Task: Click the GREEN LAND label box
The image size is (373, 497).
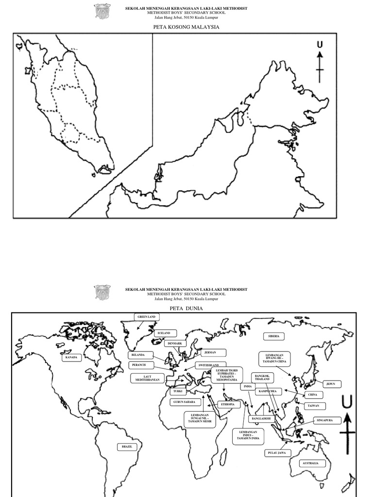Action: coord(146,317)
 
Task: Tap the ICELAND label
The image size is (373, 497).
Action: coord(164,333)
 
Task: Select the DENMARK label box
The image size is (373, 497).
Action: coord(175,343)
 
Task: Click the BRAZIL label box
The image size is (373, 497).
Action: coord(127,446)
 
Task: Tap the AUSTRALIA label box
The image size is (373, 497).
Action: coord(310,464)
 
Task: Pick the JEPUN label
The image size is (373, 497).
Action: coord(331,384)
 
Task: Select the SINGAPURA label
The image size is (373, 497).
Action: coord(325,420)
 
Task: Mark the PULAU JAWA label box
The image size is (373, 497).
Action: coord(277,453)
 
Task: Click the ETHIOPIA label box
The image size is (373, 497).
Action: coord(228,404)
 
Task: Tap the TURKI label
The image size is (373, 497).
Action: coord(178,391)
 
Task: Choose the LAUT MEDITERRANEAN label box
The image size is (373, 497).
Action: coord(144,377)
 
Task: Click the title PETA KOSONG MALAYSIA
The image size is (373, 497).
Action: coord(186,27)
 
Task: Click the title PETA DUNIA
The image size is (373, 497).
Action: coord(186,308)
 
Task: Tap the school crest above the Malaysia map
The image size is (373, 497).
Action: coord(102,11)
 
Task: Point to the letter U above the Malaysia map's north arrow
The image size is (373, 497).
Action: coord(320,45)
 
